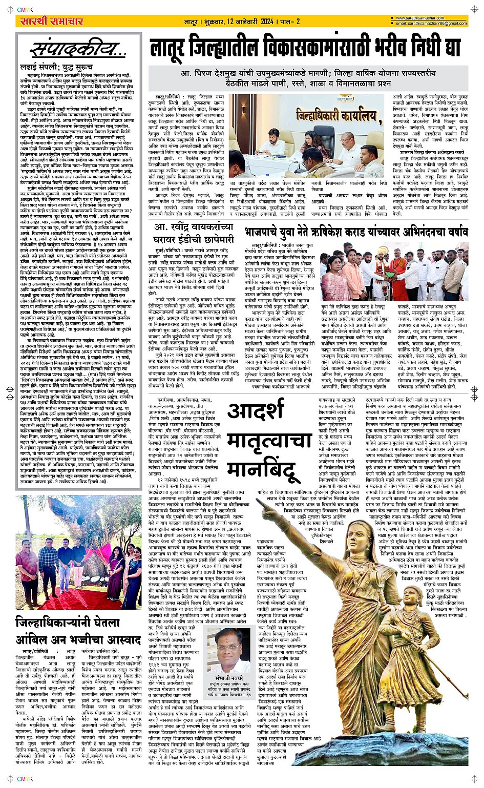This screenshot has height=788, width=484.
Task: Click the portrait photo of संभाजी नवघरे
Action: tap(229, 650)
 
